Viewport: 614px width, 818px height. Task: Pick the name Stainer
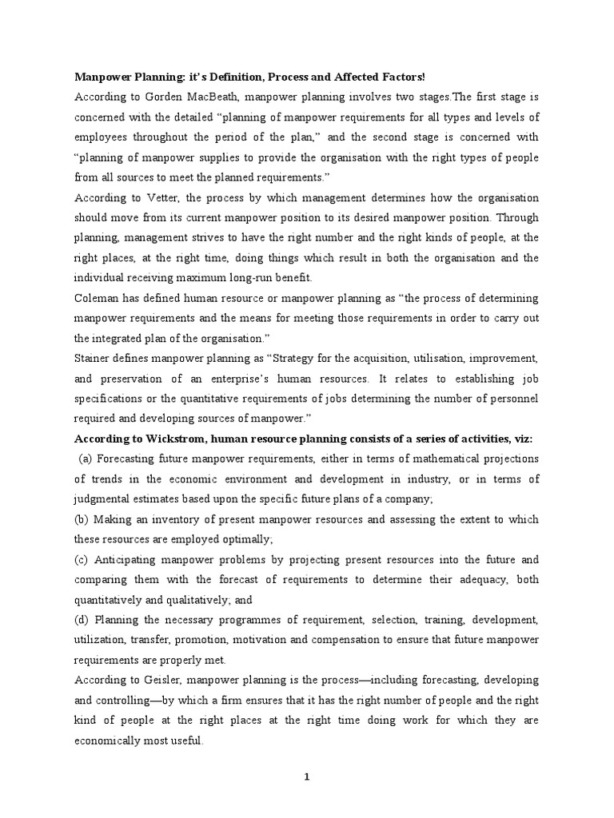coord(94,358)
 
